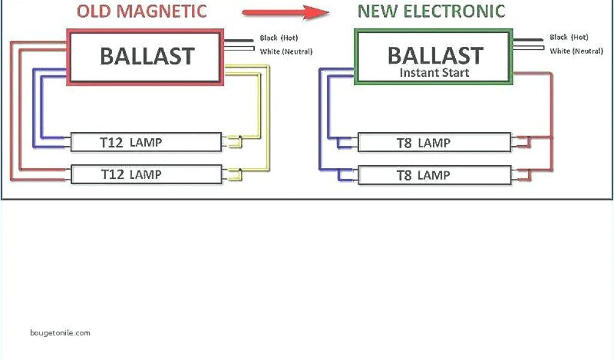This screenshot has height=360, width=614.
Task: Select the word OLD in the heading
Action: (94, 11)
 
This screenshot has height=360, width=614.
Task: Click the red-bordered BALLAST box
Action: (147, 56)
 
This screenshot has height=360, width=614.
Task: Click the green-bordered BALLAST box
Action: (435, 57)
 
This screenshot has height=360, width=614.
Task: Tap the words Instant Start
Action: (435, 73)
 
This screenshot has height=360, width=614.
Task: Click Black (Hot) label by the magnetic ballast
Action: (279, 38)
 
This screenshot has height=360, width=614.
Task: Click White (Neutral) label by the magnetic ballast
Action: (286, 52)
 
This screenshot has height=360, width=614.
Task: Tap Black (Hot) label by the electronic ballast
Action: (569, 37)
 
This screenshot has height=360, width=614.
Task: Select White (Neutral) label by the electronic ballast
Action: (576, 51)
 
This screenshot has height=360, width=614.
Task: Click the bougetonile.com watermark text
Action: (60, 332)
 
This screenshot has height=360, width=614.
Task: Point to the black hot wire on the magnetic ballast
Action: (240, 41)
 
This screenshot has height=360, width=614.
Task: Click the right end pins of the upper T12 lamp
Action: (231, 142)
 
